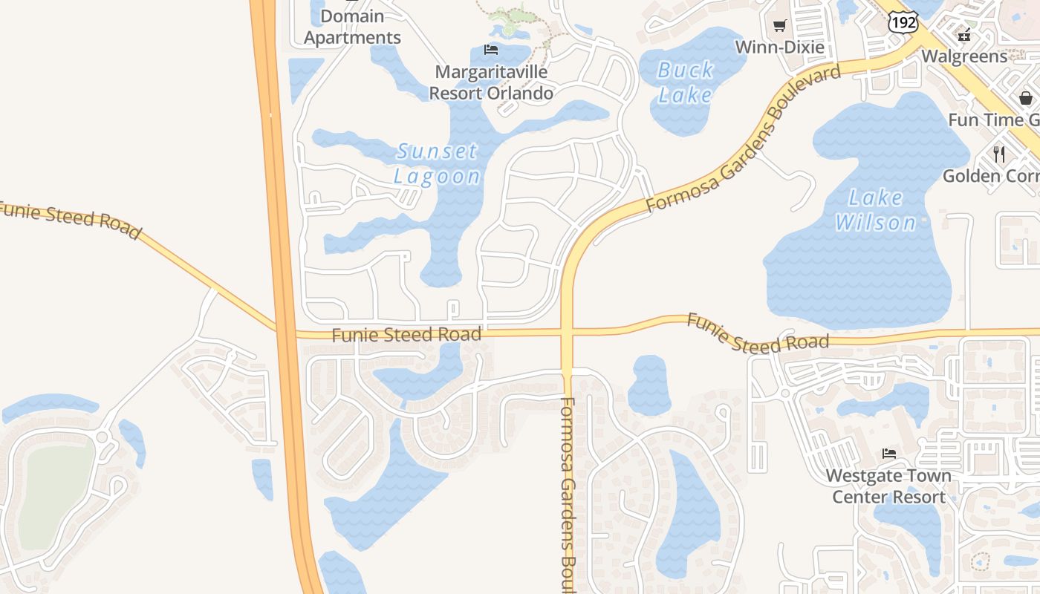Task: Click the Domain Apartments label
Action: point(352,27)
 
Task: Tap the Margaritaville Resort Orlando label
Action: point(491,82)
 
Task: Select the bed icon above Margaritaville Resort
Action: point(490,50)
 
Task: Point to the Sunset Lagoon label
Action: point(437,163)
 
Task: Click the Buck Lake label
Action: point(686,82)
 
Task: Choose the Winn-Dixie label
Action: point(779,47)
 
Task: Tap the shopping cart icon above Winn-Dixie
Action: point(779,26)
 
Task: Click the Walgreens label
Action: point(964,56)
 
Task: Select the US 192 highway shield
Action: point(903,23)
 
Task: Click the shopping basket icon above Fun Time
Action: point(1026,97)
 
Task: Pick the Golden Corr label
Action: point(991,176)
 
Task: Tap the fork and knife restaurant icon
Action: point(999,154)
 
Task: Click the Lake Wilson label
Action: point(876,209)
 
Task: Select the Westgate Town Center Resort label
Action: point(888,486)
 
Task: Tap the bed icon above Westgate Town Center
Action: point(888,453)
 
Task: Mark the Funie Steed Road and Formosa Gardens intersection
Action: point(568,332)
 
